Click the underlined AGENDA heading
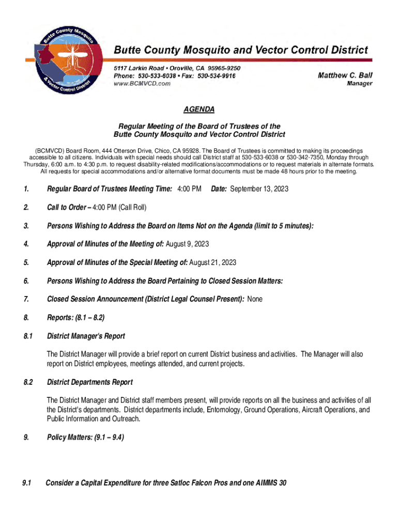pos(199,110)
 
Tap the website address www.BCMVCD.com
pos(142,84)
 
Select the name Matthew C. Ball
pos(345,75)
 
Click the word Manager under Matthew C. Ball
pos(359,84)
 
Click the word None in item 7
pos(255,299)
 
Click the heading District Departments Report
pos(90,382)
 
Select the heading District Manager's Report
pos(86,336)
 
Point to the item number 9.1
pos(27,483)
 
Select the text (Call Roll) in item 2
pos(132,208)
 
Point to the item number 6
pos(25,281)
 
